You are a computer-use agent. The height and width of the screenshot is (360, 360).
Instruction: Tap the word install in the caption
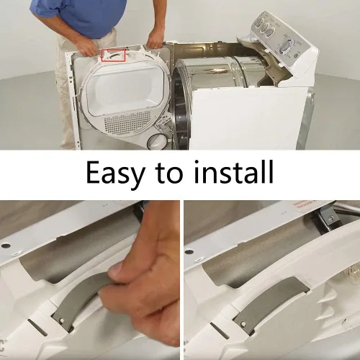(234, 172)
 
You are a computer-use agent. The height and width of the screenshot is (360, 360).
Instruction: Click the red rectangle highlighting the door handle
(113, 55)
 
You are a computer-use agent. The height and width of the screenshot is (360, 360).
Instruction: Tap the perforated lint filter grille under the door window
(127, 122)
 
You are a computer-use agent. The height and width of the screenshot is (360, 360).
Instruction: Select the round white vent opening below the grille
(156, 141)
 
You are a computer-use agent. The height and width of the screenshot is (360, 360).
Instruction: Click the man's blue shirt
(79, 16)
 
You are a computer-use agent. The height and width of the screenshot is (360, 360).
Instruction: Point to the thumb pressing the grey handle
(120, 273)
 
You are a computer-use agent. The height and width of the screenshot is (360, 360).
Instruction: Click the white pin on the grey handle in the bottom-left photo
(62, 320)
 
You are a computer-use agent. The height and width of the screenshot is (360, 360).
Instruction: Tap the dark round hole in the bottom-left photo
(6, 246)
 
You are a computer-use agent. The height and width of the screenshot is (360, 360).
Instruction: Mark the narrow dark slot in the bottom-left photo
(37, 326)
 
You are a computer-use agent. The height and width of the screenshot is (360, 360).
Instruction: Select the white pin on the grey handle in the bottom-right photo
(243, 325)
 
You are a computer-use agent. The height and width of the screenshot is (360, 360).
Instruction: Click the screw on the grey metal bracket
(331, 218)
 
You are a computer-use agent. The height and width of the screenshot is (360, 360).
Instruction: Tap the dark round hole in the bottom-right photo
(189, 252)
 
